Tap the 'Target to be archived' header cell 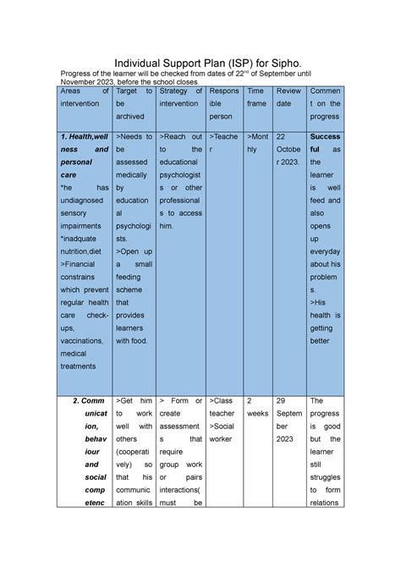point(134,102)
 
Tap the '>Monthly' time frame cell point(256,141)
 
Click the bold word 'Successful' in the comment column point(325,142)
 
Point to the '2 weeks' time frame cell point(256,408)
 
